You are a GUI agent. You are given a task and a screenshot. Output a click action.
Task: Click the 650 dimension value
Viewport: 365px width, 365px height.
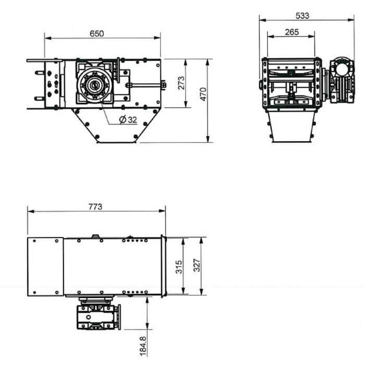click(x=97, y=33)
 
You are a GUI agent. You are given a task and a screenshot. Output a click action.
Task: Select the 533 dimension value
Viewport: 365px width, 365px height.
click(x=302, y=16)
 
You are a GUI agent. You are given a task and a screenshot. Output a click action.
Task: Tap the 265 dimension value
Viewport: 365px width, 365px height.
click(x=292, y=32)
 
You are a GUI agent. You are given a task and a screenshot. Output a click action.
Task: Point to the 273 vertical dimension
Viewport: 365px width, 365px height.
click(x=181, y=83)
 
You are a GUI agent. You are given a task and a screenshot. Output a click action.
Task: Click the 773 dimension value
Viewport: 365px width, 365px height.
click(x=95, y=206)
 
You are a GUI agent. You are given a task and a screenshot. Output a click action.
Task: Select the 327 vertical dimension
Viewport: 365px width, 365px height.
click(x=196, y=265)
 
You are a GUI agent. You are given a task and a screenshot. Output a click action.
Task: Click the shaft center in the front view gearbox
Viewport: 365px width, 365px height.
click(x=94, y=84)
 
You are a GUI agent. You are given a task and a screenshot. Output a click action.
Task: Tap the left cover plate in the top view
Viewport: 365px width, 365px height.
click(x=45, y=266)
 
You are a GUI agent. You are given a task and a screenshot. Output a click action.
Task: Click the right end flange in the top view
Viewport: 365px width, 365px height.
click(x=163, y=266)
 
